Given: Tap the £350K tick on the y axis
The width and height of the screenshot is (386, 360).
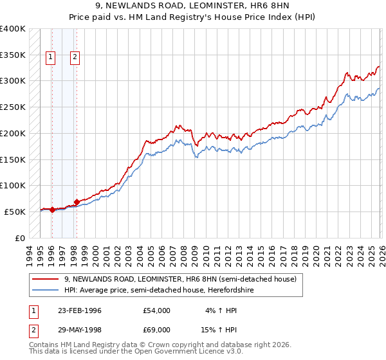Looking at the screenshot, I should point(13,55).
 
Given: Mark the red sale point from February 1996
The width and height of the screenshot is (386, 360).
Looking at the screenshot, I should point(52,210).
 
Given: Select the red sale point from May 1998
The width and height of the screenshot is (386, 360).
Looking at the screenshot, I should point(77,202).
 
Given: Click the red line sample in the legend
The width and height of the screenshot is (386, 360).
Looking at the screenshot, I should point(46,280).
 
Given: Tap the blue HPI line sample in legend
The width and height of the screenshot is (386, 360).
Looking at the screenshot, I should point(46,291).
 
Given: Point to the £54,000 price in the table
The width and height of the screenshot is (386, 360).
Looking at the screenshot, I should point(157,310).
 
